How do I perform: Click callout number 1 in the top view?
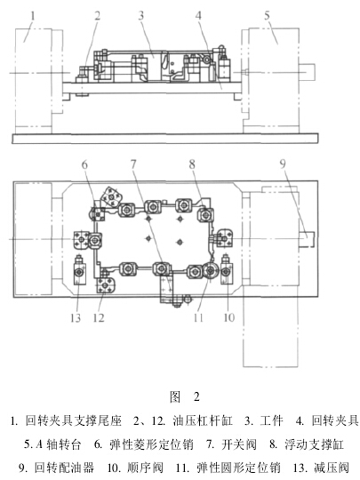coord(33,15)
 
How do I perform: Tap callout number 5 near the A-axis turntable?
coord(267,15)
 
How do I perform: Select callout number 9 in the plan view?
coord(283,164)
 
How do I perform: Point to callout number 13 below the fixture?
coord(76,317)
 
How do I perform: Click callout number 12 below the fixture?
coord(99,317)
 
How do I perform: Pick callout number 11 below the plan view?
coord(198,317)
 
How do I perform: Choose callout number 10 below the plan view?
coord(229,317)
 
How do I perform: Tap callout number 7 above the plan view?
coord(133,164)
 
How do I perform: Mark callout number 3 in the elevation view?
coord(140,15)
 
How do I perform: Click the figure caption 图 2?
coord(185,396)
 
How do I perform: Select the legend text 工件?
coord(271,420)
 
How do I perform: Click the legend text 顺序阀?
coord(145,468)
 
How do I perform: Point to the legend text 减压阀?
coord(332,468)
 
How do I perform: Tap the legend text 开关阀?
coord(239,444)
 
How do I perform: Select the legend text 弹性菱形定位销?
coord(151,444)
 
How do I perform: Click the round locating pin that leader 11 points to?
coord(210,270)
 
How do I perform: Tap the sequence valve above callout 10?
coord(227,269)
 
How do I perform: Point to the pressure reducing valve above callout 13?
coord(80,269)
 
